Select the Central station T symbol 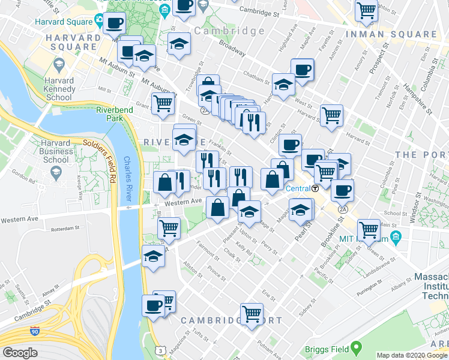click(x=315, y=188)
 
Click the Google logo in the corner click(x=20, y=353)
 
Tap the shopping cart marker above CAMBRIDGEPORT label click(x=252, y=312)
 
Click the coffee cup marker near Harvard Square click(x=113, y=23)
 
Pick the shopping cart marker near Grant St click(x=163, y=103)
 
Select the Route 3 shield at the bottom click(x=160, y=350)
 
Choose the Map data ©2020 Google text click(x=411, y=355)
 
